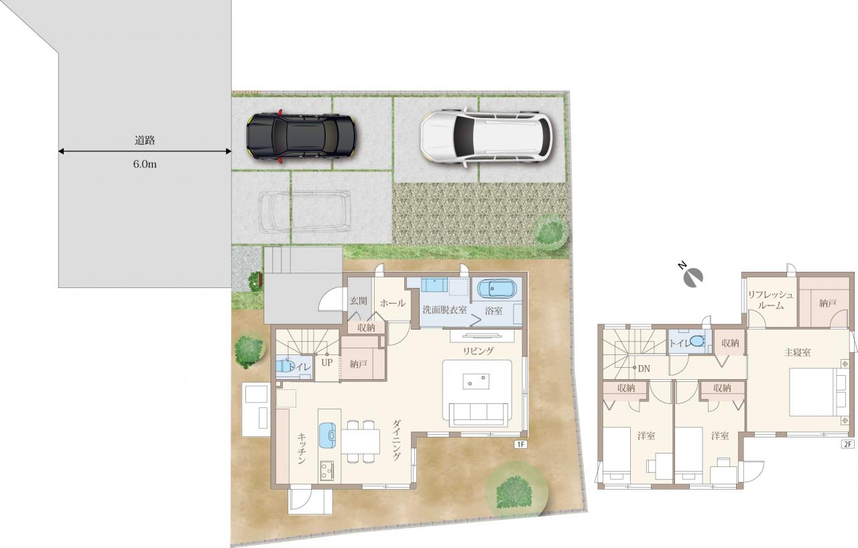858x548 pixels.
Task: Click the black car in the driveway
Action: click(x=302, y=136)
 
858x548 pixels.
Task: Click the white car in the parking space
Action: click(x=487, y=137)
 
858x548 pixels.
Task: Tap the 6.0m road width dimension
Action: click(x=145, y=165)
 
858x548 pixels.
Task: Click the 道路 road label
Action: click(x=145, y=141)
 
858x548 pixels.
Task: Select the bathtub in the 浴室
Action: click(x=497, y=289)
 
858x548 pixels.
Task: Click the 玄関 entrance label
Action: click(x=359, y=301)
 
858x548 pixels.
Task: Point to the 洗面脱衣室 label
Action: click(x=444, y=310)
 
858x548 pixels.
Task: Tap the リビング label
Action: click(x=479, y=351)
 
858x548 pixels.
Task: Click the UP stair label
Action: click(x=326, y=362)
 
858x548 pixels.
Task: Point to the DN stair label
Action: click(x=644, y=368)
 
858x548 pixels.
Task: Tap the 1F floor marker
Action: click(x=521, y=444)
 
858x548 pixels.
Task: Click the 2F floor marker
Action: click(x=848, y=444)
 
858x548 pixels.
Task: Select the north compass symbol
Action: click(x=692, y=275)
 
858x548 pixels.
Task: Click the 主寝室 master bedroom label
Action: click(x=798, y=352)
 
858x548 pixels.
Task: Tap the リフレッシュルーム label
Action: click(x=771, y=300)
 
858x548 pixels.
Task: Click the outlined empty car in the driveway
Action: click(x=305, y=211)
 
